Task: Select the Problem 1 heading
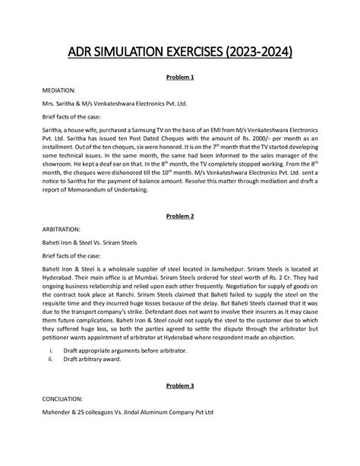click(180, 77)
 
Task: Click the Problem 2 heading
click(180, 216)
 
